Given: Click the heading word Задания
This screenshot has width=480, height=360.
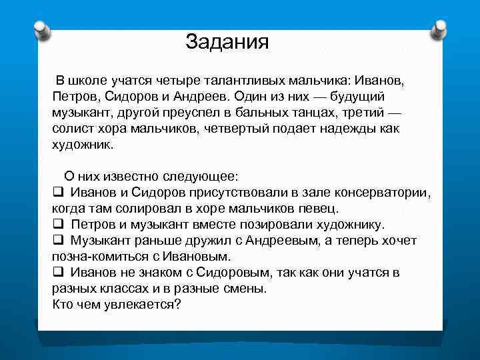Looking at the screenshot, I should (x=227, y=42).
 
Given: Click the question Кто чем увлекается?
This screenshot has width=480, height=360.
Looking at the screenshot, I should (x=116, y=304).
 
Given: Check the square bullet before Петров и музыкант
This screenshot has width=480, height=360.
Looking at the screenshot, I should (x=57, y=224).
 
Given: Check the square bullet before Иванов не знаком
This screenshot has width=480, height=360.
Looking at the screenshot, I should (x=57, y=272).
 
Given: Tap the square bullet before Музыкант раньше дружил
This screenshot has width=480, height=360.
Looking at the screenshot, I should (x=57, y=240).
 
